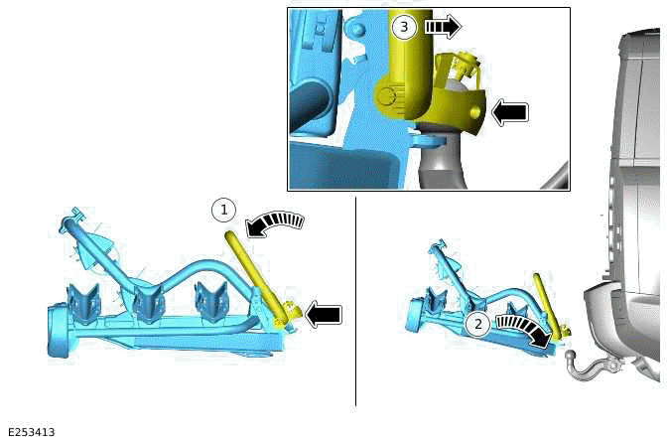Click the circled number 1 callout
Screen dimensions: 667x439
(x=223, y=210)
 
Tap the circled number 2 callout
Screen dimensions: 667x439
(x=478, y=325)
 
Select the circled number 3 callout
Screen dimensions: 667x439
(x=403, y=27)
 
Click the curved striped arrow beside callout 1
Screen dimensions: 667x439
(x=275, y=223)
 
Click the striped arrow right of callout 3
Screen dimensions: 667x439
(x=443, y=27)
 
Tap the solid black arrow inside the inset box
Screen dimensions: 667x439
(x=509, y=113)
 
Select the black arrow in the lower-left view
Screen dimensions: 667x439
(x=324, y=314)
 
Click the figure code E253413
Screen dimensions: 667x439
(x=32, y=432)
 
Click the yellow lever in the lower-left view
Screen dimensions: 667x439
(x=254, y=277)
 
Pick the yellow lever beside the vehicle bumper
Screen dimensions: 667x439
(x=547, y=305)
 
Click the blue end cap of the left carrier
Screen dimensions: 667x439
(x=58, y=330)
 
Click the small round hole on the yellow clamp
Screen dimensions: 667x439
(x=476, y=112)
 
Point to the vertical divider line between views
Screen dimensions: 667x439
(x=355, y=301)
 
